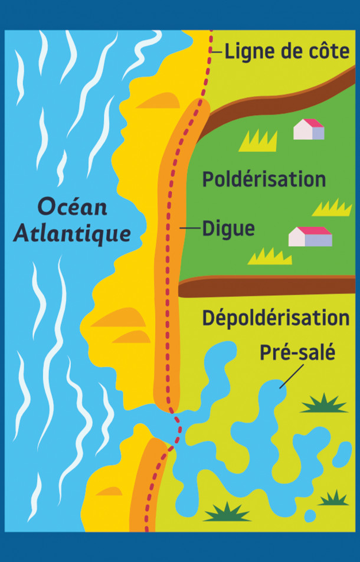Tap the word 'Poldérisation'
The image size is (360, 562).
pos(264,179)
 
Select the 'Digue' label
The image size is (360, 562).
pos(228,228)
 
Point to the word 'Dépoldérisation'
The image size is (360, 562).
pos(276,318)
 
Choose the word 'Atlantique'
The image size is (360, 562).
pos(72,234)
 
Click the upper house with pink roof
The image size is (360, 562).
pos(309,129)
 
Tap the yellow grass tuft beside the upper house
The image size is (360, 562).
pos(258,140)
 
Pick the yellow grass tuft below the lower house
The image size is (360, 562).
pos(270,256)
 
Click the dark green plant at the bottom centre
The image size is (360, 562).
pos(227,512)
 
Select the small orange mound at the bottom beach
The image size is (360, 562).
pos(110,491)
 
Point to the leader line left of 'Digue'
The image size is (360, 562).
pos(189,228)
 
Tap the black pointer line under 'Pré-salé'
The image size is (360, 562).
pos(292,376)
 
